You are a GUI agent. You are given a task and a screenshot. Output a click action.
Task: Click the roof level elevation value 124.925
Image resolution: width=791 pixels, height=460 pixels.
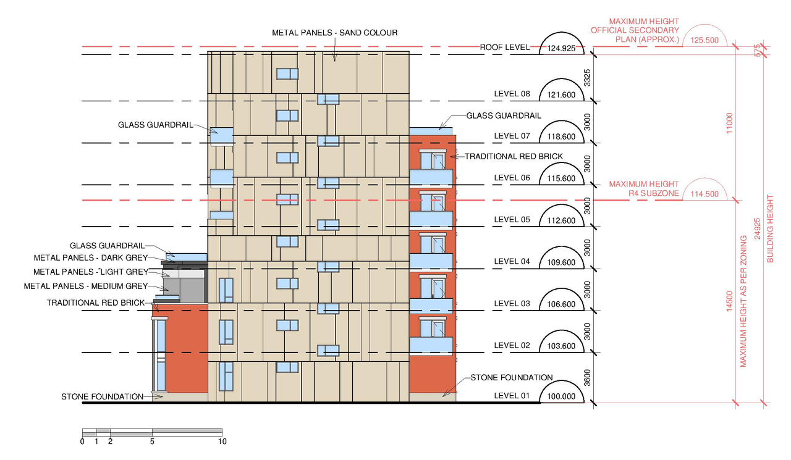tap(561, 48)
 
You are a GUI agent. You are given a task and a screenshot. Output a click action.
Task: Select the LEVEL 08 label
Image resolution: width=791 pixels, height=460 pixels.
tap(512, 94)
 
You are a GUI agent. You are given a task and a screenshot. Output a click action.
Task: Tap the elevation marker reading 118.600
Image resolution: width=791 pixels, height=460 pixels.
tap(561, 136)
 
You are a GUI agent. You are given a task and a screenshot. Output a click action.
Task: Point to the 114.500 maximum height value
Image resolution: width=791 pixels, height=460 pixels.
tap(704, 194)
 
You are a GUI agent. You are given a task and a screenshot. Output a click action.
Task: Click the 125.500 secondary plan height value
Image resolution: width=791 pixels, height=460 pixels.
tap(704, 40)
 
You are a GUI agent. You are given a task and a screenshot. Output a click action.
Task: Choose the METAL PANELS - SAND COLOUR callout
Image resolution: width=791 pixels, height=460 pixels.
tap(335, 33)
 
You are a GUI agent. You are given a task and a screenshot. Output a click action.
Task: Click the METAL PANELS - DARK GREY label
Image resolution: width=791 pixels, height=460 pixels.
tap(91, 258)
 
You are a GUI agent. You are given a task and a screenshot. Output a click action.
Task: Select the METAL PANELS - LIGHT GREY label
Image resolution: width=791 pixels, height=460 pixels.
tap(91, 272)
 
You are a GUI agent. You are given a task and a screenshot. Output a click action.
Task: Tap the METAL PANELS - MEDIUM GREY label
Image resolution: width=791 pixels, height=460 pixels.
tap(86, 286)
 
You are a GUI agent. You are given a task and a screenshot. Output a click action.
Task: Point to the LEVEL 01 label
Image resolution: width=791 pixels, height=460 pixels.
tap(512, 396)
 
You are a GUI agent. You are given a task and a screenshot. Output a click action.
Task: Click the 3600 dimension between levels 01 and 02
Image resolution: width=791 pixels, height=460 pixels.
tap(587, 378)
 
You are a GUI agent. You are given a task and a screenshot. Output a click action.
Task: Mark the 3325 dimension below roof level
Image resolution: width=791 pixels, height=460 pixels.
tap(587, 78)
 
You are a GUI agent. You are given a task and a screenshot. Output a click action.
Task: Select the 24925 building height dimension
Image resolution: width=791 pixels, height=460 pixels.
tap(757, 228)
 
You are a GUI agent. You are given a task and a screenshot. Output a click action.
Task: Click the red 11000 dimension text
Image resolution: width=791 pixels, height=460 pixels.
tap(730, 123)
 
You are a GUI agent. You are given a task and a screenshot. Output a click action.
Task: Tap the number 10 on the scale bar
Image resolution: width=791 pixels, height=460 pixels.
tap(222, 441)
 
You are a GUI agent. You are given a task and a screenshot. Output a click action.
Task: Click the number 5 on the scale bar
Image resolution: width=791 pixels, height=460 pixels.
tap(152, 441)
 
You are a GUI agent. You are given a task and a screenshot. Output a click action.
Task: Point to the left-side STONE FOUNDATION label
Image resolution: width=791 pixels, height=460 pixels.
tap(103, 397)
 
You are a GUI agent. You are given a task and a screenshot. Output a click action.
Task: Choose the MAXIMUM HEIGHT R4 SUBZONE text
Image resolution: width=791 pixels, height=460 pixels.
tap(644, 189)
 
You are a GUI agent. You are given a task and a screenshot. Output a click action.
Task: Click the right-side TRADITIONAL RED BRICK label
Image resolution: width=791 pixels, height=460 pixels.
tap(514, 157)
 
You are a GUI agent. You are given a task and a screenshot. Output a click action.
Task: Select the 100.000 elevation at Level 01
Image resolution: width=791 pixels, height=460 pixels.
tap(561, 396)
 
